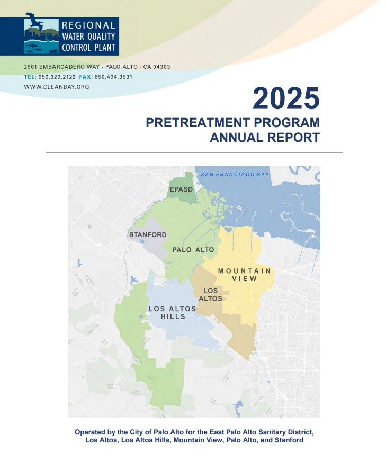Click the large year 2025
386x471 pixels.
(286, 98)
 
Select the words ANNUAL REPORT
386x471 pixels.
(265, 138)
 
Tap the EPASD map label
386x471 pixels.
(181, 189)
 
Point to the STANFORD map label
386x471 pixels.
(148, 234)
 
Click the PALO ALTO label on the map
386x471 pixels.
(193, 250)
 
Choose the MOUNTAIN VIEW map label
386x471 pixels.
(244, 275)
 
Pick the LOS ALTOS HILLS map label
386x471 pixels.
(173, 313)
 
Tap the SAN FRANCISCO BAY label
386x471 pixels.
(235, 174)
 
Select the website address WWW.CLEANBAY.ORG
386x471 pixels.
(57, 86)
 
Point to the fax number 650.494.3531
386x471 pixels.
(114, 77)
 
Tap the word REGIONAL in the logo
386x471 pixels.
(88, 25)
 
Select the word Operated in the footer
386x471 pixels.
(92, 432)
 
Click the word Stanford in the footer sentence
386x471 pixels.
(288, 440)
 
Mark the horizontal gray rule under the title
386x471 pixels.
(194, 152)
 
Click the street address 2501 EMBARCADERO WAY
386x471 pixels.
(62, 67)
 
